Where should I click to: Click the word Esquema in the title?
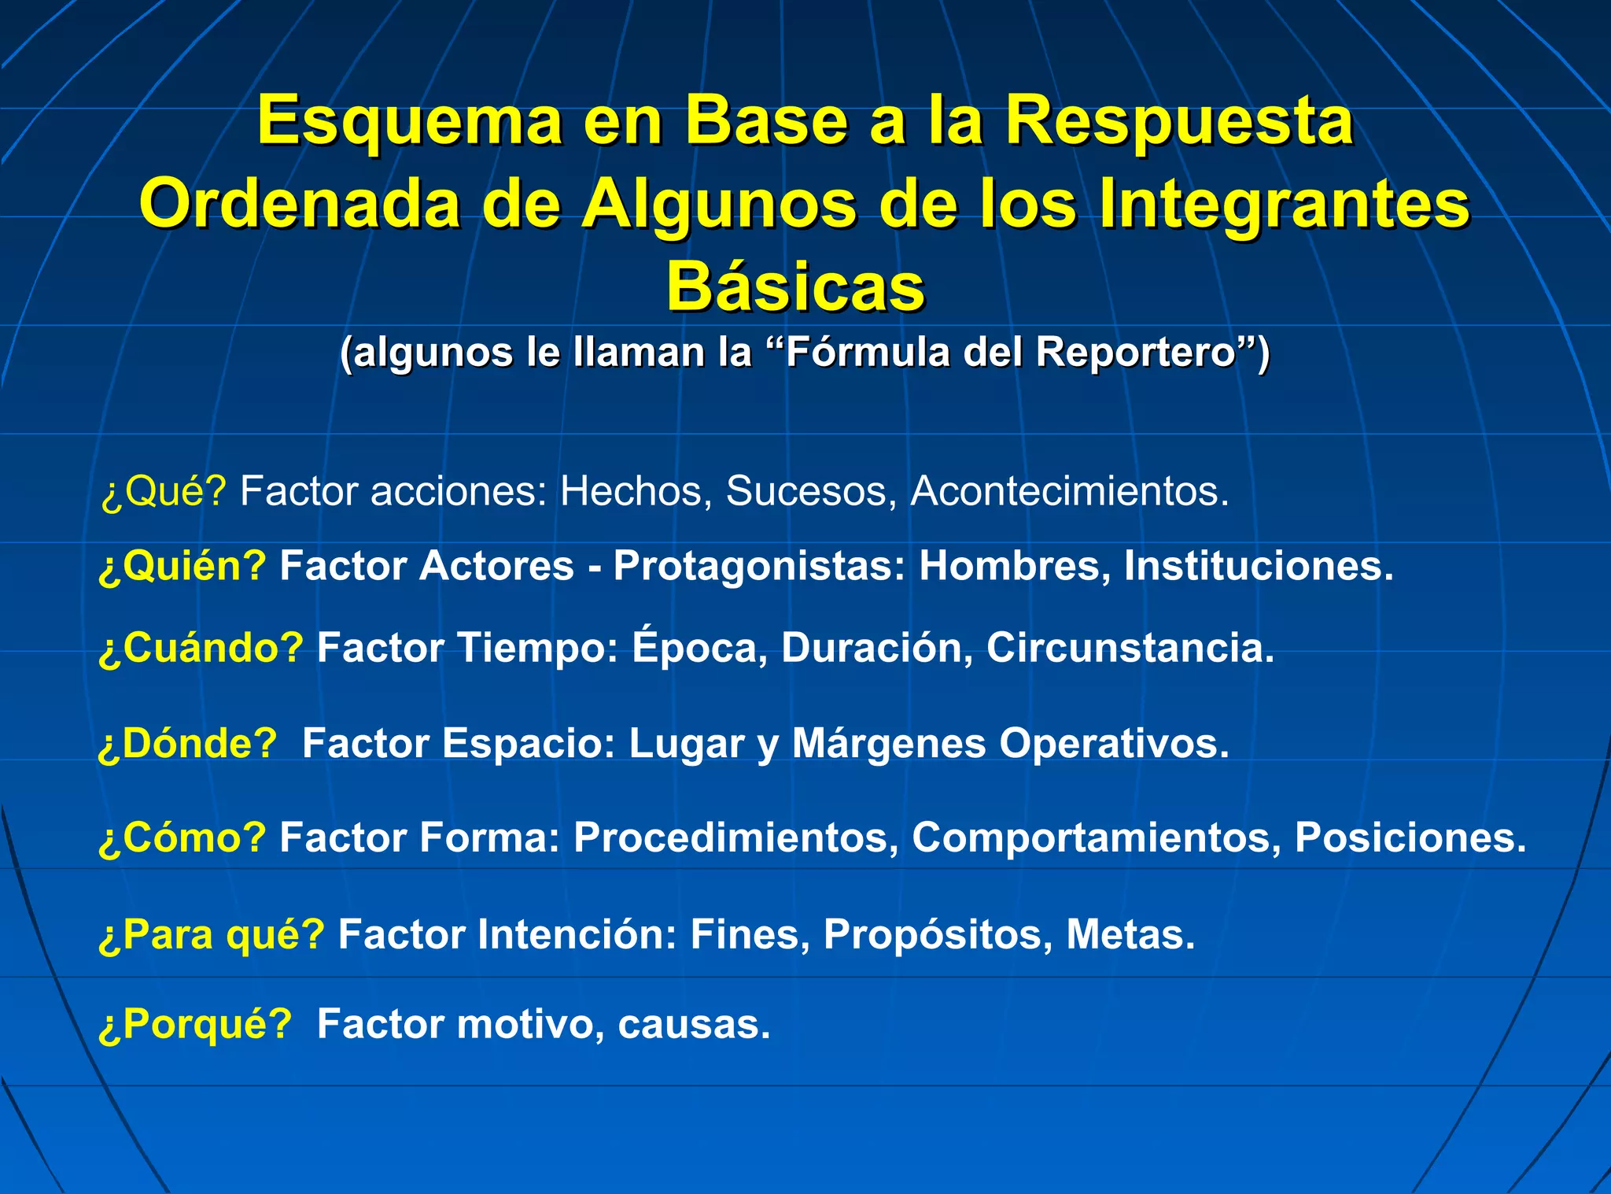point(409,122)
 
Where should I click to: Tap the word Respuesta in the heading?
point(1179,122)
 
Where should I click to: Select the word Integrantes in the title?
point(1284,205)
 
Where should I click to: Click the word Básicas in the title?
point(795,287)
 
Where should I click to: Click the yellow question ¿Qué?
point(164,492)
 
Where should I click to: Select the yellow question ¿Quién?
point(182,566)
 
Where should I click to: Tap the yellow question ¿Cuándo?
point(201,648)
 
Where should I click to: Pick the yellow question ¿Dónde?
point(188,743)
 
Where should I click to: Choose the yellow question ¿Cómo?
point(182,837)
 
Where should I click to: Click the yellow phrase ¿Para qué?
point(212,935)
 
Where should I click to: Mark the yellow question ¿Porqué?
point(195,1025)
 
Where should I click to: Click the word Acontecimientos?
point(1069,492)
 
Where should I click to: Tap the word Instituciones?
point(1258,566)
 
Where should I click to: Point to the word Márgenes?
point(888,743)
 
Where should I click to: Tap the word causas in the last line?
point(693,1025)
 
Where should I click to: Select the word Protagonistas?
point(758,566)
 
